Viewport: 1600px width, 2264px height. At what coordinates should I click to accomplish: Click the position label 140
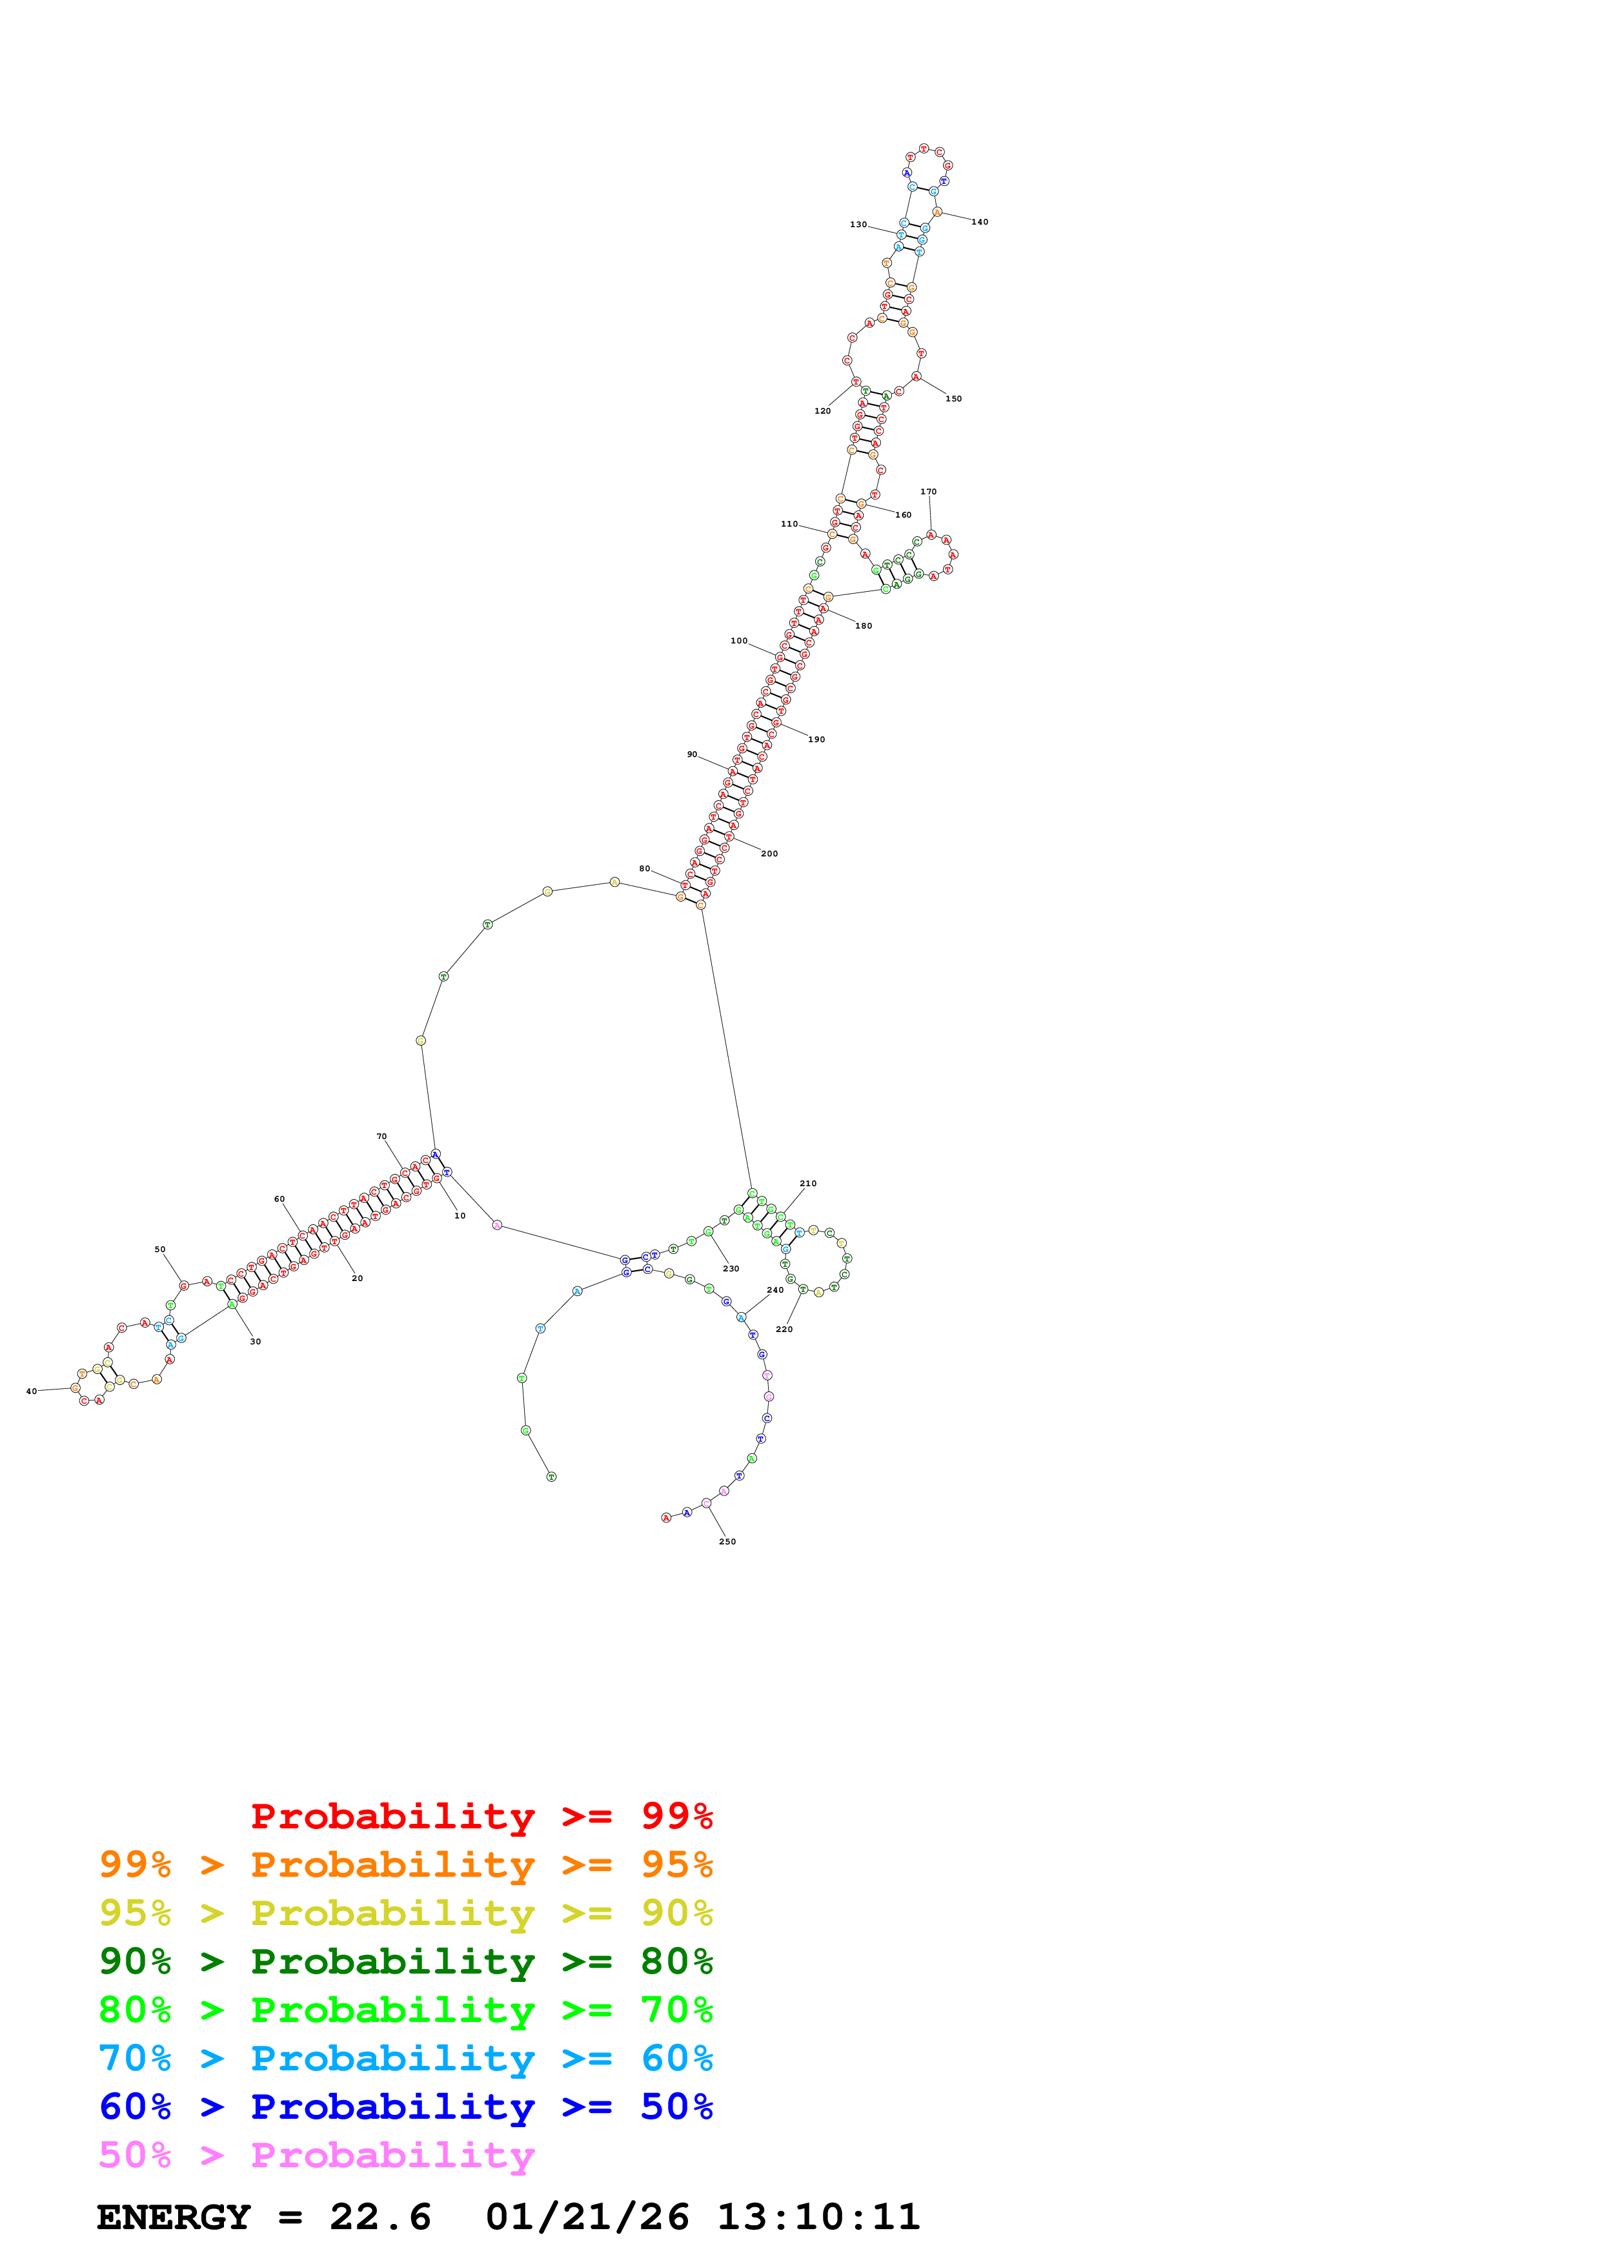pyautogui.click(x=979, y=222)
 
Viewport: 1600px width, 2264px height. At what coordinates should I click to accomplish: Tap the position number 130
pyautogui.click(x=858, y=225)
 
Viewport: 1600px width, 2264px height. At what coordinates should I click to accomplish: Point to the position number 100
pyautogui.click(x=738, y=641)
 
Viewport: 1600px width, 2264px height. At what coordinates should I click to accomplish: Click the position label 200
pyautogui.click(x=769, y=854)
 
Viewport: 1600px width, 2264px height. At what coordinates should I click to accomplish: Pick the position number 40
pyautogui.click(x=32, y=1391)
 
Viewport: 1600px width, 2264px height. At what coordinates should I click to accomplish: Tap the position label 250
pyautogui.click(x=727, y=1541)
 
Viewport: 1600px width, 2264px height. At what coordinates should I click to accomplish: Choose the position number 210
pyautogui.click(x=807, y=1183)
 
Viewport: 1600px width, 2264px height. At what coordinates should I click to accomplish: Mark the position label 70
pyautogui.click(x=381, y=1137)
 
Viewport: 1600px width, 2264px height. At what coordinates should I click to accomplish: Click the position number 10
pyautogui.click(x=460, y=1216)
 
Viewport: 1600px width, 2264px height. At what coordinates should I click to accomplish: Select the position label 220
pyautogui.click(x=784, y=1329)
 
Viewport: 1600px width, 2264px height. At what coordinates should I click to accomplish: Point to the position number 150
pyautogui.click(x=953, y=398)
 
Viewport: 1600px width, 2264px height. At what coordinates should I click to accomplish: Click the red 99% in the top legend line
pyautogui.click(x=676, y=1815)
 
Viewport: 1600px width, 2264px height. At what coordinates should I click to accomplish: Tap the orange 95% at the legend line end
pyautogui.click(x=676, y=1865)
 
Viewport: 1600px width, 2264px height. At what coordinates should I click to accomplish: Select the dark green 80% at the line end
pyautogui.click(x=676, y=1961)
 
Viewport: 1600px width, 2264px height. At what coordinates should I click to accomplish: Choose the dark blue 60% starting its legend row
pyautogui.click(x=135, y=2107)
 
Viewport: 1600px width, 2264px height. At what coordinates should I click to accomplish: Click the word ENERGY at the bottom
pyautogui.click(x=174, y=2217)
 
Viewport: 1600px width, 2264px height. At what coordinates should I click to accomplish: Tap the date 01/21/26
pyautogui.click(x=587, y=2217)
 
